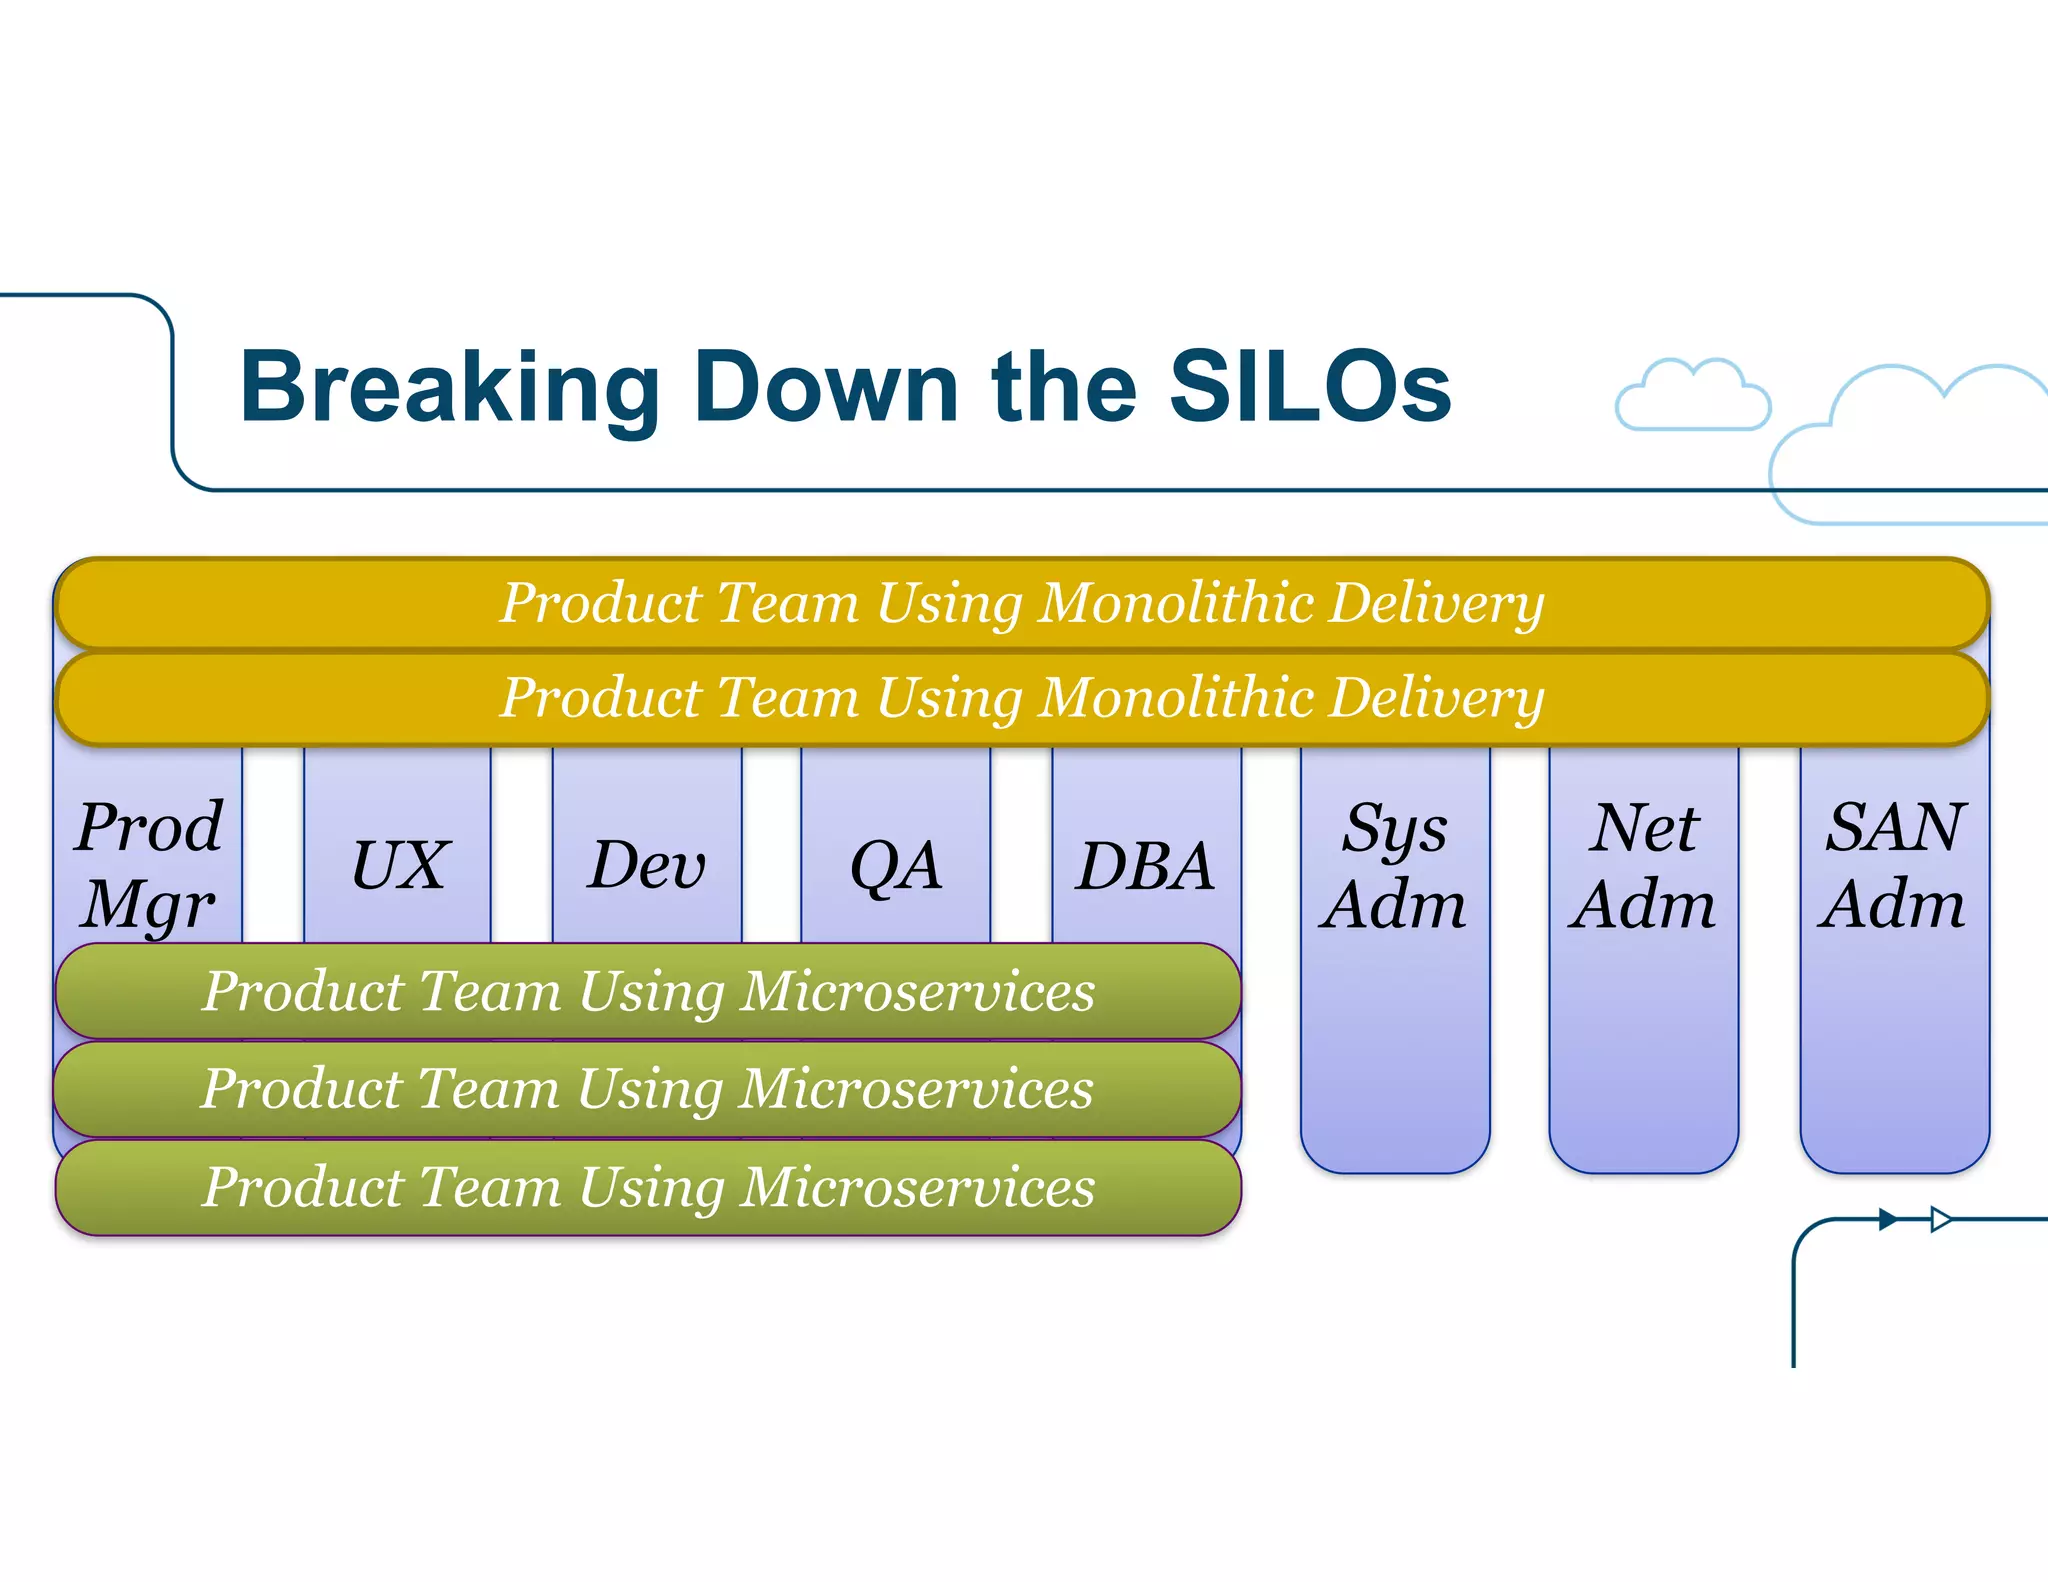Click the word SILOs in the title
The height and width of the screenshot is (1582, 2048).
pyautogui.click(x=1310, y=387)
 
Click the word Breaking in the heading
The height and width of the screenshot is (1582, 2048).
pyautogui.click(x=449, y=389)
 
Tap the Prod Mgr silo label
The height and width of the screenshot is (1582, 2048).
pyautogui.click(x=149, y=865)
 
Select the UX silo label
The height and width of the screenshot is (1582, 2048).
pyautogui.click(x=399, y=865)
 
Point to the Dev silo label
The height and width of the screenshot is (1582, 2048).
pyautogui.click(x=647, y=865)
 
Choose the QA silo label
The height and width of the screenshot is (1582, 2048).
pyautogui.click(x=896, y=865)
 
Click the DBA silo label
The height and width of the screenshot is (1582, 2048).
pyautogui.click(x=1146, y=865)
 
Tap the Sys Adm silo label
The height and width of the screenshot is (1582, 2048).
pyautogui.click(x=1394, y=865)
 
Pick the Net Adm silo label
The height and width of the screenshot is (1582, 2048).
pyautogui.click(x=1643, y=865)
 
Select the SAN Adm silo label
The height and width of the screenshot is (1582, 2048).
pyautogui.click(x=1894, y=865)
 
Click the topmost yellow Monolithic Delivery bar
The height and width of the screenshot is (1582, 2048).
pyautogui.click(x=1021, y=603)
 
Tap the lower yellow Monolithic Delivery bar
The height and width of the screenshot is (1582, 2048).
pyautogui.click(x=1021, y=697)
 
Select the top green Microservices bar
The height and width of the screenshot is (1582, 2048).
pyautogui.click(x=648, y=991)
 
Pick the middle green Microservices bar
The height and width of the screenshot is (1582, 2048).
pyautogui.click(x=648, y=1088)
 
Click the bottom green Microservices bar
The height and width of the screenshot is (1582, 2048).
pyautogui.click(x=648, y=1187)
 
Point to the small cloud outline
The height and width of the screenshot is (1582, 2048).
pyautogui.click(x=1692, y=398)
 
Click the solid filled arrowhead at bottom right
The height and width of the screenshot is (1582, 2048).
pyautogui.click(x=1887, y=1219)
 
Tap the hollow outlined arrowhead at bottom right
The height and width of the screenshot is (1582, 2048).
pyautogui.click(x=1940, y=1219)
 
